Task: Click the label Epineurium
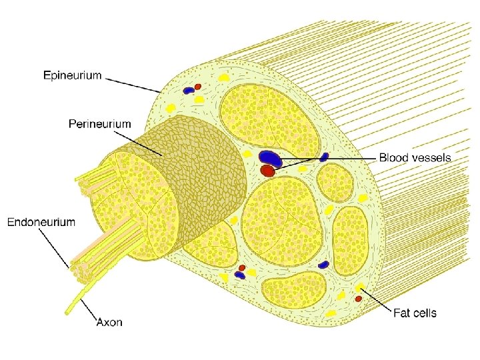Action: [x=73, y=75]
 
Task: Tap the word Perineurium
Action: [x=100, y=123]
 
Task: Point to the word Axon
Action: [x=109, y=323]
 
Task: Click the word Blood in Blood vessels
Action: [x=394, y=158]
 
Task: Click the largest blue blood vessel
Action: [x=270, y=157]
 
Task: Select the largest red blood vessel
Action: [x=268, y=171]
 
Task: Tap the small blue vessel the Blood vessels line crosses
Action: [x=324, y=157]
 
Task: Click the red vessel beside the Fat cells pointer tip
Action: [x=358, y=299]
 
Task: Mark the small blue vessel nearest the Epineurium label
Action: [x=189, y=90]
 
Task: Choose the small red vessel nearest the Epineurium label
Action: [x=198, y=87]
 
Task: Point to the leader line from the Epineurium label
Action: [x=133, y=84]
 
